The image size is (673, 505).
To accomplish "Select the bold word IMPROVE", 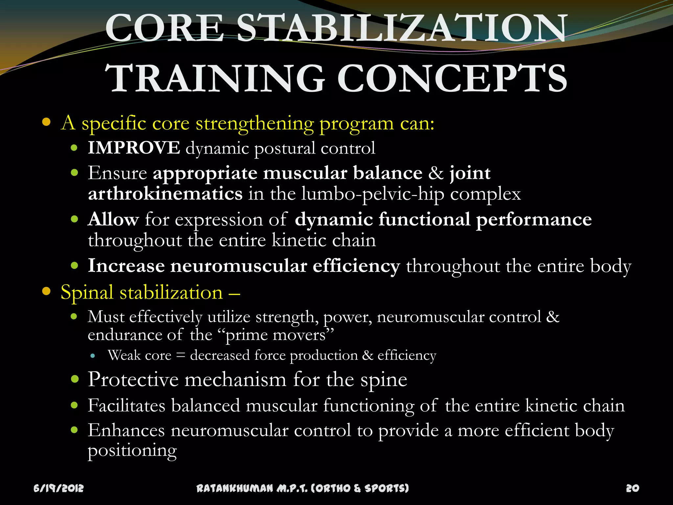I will click(134, 148).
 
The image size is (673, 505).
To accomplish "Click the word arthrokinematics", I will click(165, 194).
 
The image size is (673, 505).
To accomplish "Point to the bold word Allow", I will click(113, 219).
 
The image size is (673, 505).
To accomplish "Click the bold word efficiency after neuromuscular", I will click(356, 266).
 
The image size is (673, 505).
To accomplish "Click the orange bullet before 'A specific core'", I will click(46, 122).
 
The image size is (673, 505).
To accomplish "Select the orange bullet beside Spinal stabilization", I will click(46, 291).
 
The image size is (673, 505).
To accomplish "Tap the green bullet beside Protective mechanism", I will click(75, 379).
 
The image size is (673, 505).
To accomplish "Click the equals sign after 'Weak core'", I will click(181, 355).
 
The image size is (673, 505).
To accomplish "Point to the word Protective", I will click(133, 380).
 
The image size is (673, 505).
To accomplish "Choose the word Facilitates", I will click(126, 405).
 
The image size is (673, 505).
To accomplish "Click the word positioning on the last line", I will click(132, 451).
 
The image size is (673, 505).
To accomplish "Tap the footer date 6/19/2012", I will click(59, 488).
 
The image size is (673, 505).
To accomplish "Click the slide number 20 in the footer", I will click(632, 488).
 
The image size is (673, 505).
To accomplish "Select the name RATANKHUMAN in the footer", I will click(235, 488).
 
